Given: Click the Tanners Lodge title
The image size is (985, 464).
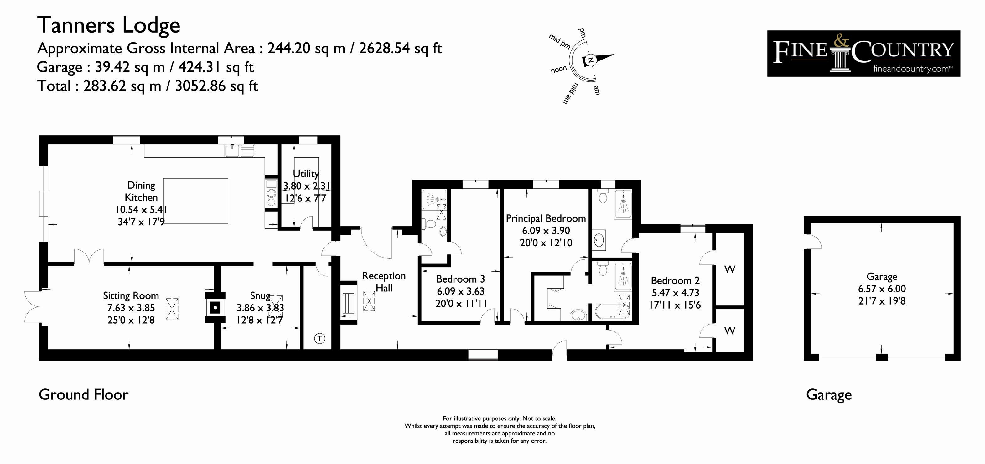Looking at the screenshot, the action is tap(109, 25).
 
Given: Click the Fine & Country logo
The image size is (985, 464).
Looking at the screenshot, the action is tap(863, 54).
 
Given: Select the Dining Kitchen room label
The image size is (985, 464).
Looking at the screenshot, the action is tap(141, 191).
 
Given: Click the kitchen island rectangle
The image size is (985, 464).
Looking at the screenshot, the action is tap(196, 201).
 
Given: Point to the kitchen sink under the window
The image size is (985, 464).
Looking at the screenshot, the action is tap(240, 151).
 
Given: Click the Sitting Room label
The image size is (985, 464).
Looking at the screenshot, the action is tap(131, 295).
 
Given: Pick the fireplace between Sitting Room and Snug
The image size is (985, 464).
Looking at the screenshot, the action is tap(215, 307).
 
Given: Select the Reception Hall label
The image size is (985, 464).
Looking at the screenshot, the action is tap(384, 282).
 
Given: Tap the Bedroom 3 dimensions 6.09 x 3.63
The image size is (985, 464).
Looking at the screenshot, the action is tap(461, 291).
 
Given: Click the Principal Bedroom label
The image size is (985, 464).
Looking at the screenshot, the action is tap(546, 218).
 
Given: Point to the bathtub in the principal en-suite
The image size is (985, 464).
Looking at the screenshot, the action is tap(611, 311).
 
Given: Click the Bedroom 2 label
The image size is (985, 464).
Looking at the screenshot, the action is tap(675, 280).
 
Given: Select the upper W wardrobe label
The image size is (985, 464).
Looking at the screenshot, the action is tap(729, 269).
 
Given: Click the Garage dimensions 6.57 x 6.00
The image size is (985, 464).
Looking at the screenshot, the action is tap(882, 289).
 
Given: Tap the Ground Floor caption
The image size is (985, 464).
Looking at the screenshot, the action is tap(83, 394).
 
